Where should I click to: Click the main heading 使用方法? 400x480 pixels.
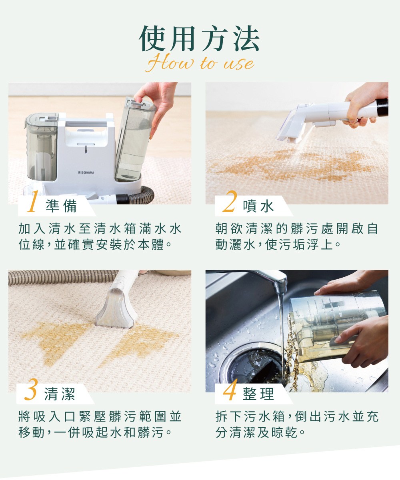click(x=200, y=40)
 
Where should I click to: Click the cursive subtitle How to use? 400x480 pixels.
click(x=200, y=64)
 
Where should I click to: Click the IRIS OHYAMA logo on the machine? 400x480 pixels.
click(x=86, y=172)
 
